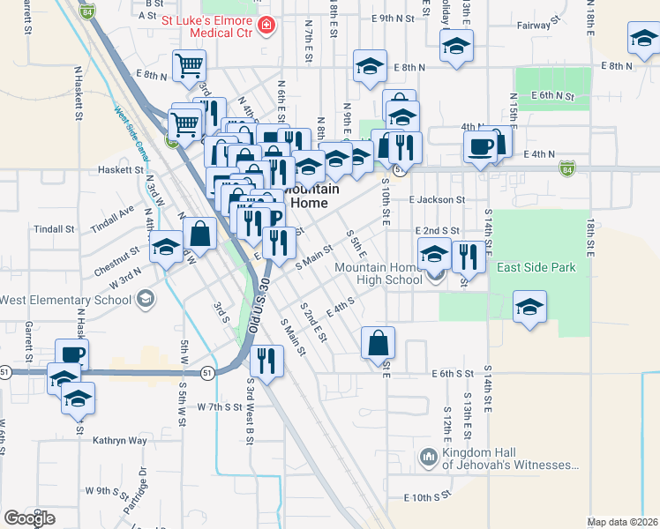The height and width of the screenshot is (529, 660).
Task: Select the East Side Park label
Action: [x=536, y=267]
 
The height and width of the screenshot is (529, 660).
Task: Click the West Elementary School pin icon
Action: [x=145, y=300]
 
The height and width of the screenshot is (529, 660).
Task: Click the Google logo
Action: [x=30, y=518]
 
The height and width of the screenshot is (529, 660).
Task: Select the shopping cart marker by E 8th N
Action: [x=189, y=66]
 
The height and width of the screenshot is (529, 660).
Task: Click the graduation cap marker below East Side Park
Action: [x=529, y=308]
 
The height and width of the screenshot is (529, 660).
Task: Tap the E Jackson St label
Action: [x=436, y=200]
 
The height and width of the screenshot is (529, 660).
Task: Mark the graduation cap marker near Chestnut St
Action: [x=165, y=248]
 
